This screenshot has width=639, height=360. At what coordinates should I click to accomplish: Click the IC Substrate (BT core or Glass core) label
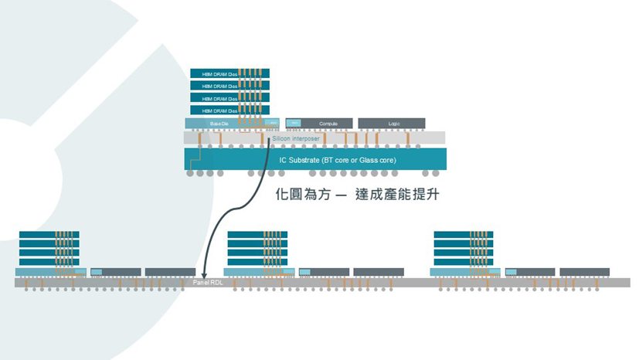[337, 159]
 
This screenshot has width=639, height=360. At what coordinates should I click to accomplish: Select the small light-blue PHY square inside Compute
[294, 123]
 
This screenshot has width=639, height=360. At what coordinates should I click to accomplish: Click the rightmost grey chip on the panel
[584, 272]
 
